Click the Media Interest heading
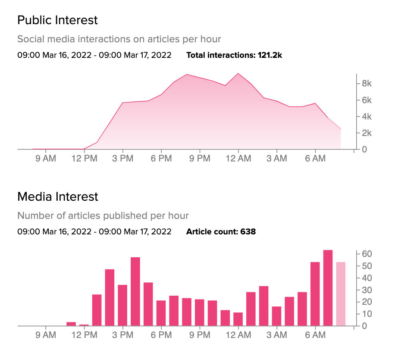click(x=58, y=197)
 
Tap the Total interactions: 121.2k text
click(x=234, y=55)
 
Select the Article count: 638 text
click(x=221, y=232)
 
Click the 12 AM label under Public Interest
click(x=238, y=159)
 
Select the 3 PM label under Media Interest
click(x=122, y=335)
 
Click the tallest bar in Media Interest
click(x=328, y=288)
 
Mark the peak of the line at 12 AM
click(x=238, y=74)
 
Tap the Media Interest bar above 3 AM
click(x=277, y=316)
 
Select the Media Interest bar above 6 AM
click(x=315, y=294)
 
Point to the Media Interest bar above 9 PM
click(x=200, y=313)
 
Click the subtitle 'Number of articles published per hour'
click(x=103, y=215)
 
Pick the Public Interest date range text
click(x=94, y=55)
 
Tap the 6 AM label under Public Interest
click(x=315, y=159)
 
